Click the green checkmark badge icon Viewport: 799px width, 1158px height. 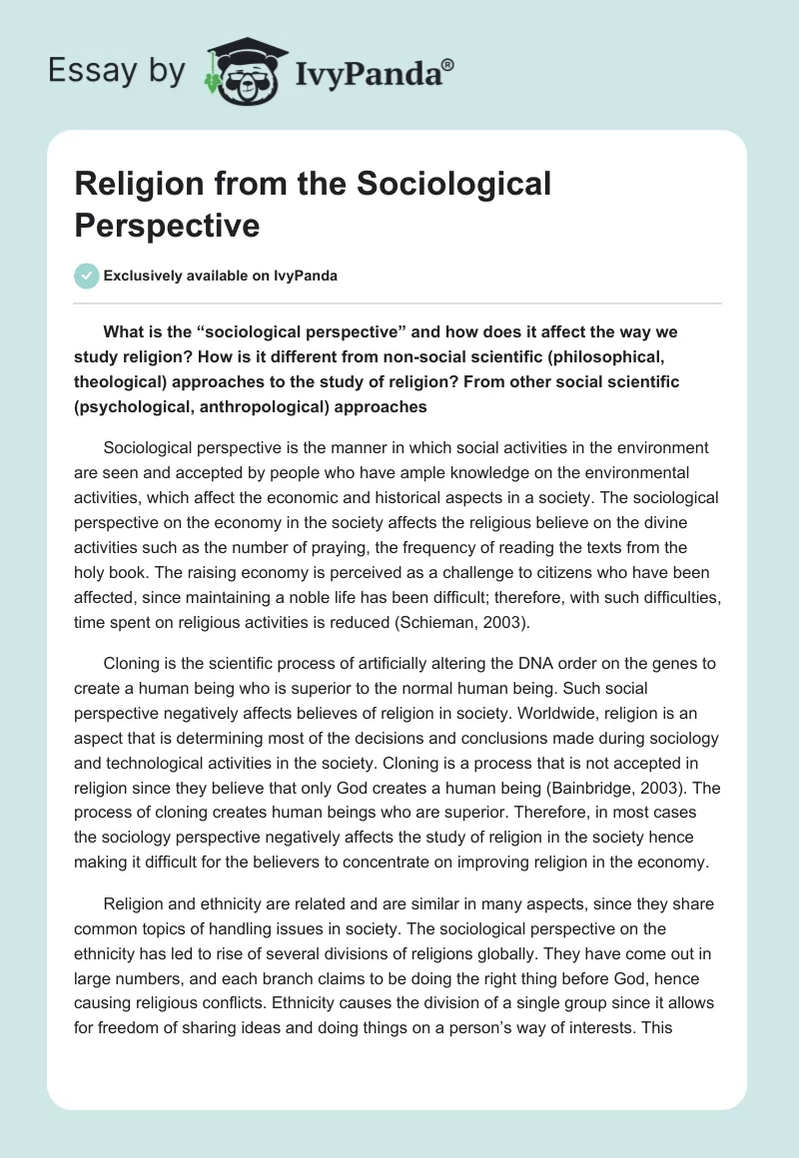point(86,276)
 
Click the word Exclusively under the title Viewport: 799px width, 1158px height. point(146,277)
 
